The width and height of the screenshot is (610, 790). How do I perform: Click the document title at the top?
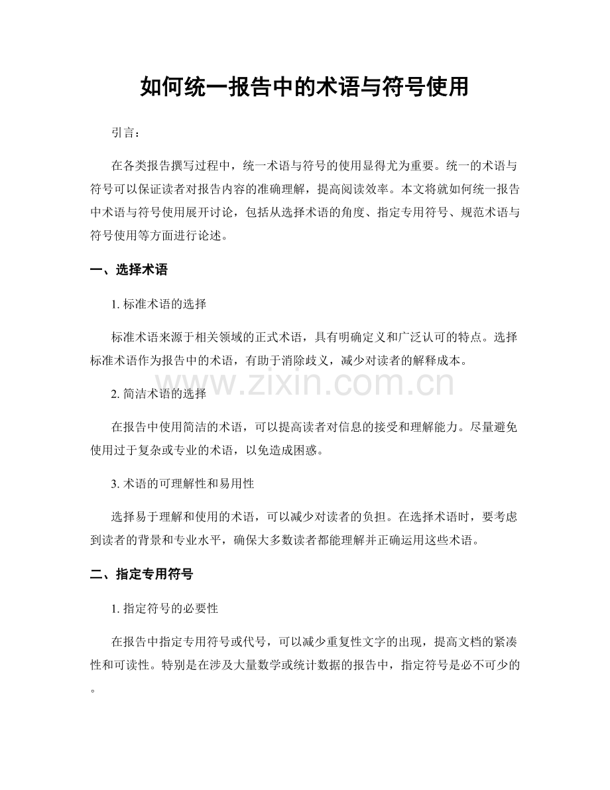coord(304,87)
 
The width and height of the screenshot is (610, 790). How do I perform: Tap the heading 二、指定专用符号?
coord(141,574)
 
